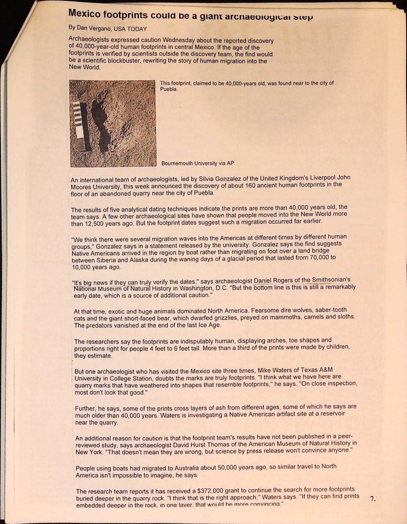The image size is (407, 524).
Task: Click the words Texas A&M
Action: click(317, 370)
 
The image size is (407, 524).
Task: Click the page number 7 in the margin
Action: click(373, 499)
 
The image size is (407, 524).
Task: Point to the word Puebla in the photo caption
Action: click(168, 89)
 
